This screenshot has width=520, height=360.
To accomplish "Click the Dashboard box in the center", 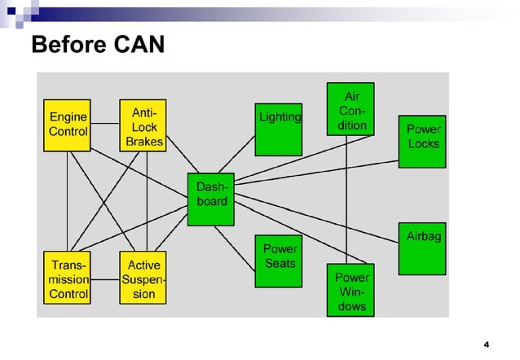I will (x=211, y=199).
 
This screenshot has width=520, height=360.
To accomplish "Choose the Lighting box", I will (x=279, y=130).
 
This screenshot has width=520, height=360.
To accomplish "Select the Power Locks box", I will (x=422, y=140).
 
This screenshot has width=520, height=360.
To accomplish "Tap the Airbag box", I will (x=422, y=248).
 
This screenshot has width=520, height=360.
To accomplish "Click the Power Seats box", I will (x=280, y=261).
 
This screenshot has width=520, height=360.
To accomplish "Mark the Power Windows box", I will (x=350, y=290).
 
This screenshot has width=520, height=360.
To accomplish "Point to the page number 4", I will (x=486, y=342).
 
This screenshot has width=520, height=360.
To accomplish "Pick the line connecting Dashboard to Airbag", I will (x=326, y=224).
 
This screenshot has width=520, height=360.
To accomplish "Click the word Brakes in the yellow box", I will (x=144, y=141).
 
